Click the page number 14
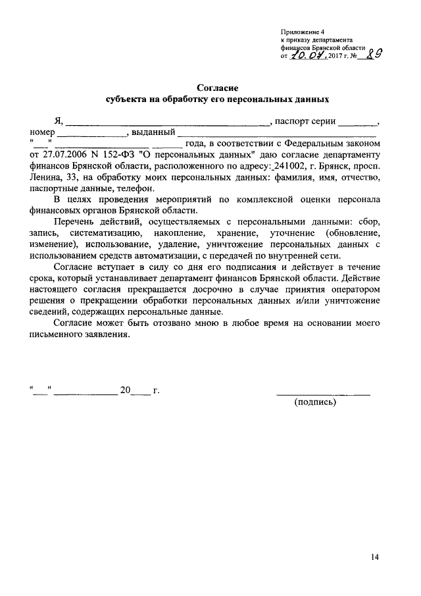coord(374,557)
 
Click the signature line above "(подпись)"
coord(323,394)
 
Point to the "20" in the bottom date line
coord(126,391)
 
